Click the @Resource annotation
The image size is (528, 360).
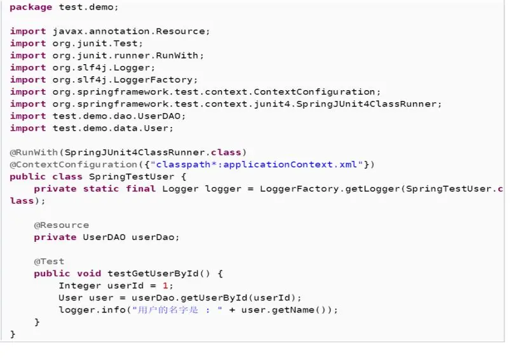(x=61, y=225)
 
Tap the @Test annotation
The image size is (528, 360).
(x=49, y=261)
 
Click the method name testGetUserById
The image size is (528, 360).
(x=152, y=273)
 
